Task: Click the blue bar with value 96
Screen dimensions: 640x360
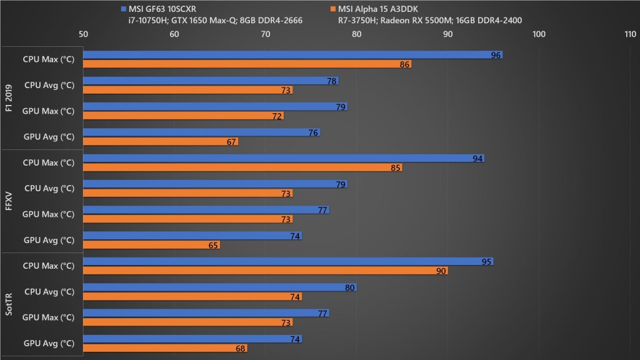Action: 292,55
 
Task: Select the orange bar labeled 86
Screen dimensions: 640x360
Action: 247,64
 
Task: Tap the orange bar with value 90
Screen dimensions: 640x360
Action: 265,271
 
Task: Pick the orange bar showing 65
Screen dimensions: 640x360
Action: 151,245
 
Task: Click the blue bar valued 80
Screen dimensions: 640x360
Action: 220,287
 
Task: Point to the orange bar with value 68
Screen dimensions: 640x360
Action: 165,348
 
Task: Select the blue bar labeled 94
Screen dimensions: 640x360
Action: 284,158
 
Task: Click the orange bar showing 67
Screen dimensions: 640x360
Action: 161,142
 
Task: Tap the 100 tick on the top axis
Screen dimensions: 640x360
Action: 539,34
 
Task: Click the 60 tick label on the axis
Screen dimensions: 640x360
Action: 174,34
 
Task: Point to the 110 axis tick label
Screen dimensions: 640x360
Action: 630,34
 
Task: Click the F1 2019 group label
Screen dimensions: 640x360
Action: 9,98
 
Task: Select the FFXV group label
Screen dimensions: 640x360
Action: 9,201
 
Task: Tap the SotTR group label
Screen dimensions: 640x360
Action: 9,304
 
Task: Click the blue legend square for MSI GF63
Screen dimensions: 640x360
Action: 124,9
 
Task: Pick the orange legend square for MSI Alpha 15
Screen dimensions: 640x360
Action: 333,9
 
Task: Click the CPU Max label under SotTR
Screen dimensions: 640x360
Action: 49,266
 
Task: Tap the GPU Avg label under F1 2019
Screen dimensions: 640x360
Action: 49,137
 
